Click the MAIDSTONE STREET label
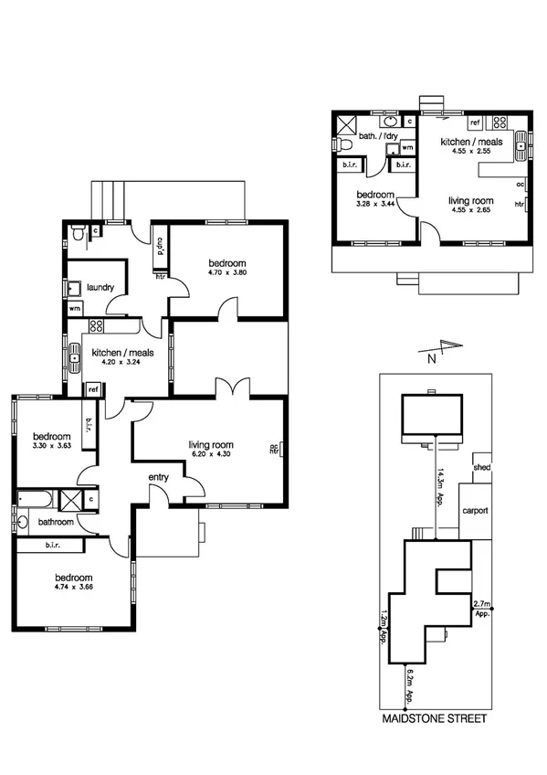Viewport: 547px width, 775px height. pyautogui.click(x=434, y=719)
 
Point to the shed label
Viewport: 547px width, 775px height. pyautogui.click(x=481, y=468)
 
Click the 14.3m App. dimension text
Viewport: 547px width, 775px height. pyautogui.click(x=439, y=486)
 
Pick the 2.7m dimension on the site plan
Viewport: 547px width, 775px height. pyautogui.click(x=481, y=604)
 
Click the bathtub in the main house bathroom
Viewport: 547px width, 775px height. pyautogui.click(x=35, y=498)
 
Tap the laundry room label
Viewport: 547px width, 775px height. pyautogui.click(x=100, y=287)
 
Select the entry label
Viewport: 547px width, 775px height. pyautogui.click(x=160, y=476)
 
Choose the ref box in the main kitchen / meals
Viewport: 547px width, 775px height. pyautogui.click(x=93, y=389)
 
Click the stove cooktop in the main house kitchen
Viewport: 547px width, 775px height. pyautogui.click(x=96, y=326)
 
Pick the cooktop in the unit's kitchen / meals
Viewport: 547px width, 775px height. pyautogui.click(x=499, y=121)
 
